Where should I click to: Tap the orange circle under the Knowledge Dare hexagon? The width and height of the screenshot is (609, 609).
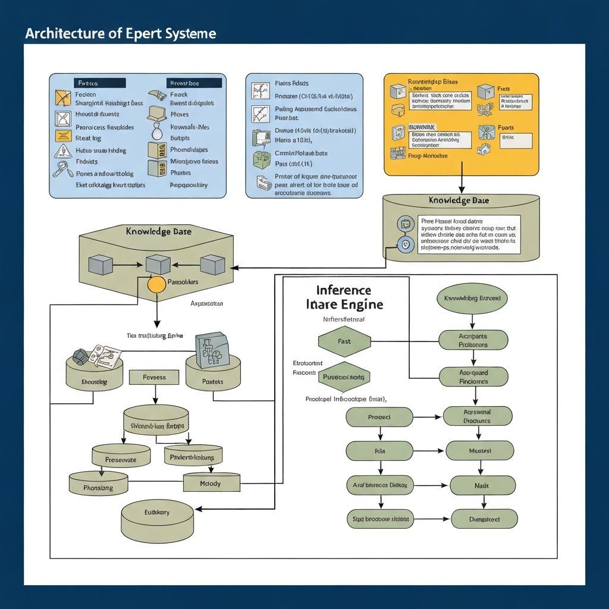point(156,284)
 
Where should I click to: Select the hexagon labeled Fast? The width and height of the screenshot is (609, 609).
point(344,341)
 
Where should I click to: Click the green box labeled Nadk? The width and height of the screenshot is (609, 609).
point(482,485)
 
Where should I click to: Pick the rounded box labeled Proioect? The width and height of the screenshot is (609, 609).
point(379,417)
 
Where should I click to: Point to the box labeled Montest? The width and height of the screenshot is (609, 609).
point(479,451)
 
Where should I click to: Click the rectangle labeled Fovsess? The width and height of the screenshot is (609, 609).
point(155,377)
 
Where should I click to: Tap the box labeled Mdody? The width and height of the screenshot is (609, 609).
point(211,483)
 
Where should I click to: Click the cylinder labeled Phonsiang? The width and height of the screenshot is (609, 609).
point(98,484)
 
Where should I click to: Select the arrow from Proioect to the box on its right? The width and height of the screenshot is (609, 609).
point(428,417)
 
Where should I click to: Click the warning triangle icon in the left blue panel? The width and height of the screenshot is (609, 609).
point(63,135)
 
